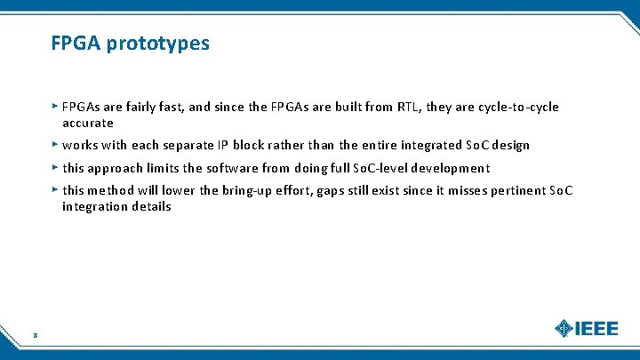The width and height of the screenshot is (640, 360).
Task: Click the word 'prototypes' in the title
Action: point(158,44)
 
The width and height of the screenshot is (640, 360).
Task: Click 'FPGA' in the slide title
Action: point(76,43)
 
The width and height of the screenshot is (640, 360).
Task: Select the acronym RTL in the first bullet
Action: point(409,108)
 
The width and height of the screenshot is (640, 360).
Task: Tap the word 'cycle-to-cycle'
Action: point(519,108)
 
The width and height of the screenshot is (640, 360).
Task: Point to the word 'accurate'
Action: point(88,124)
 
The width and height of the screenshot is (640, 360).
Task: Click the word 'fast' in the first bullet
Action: point(172,108)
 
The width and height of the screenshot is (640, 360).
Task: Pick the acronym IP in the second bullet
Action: point(223,146)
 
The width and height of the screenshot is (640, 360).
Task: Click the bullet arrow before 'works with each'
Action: point(55,144)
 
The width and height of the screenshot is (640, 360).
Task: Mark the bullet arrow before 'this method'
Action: point(55,188)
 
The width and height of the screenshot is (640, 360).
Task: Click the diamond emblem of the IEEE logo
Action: point(564,328)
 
